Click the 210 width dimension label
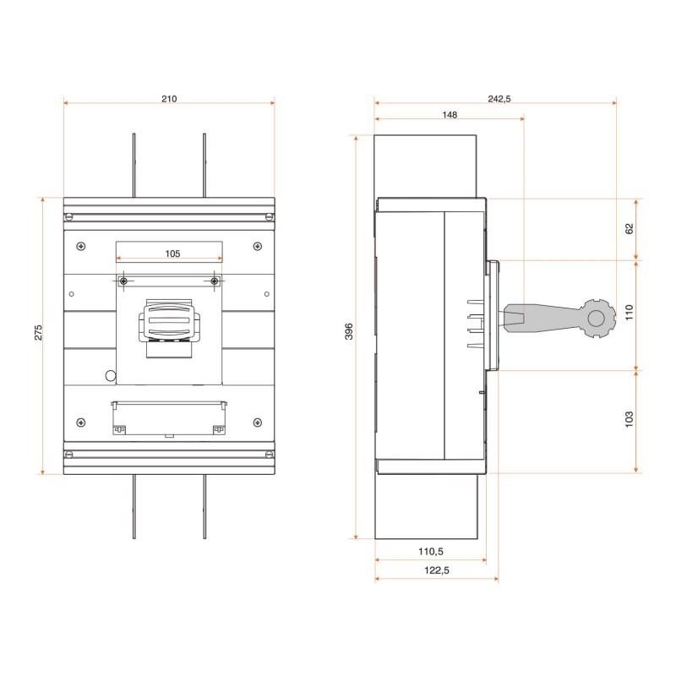(x=169, y=99)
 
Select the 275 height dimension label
(x=38, y=332)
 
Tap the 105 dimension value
(x=172, y=253)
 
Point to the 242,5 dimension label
(x=499, y=99)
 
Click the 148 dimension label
(x=450, y=115)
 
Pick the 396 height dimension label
(x=349, y=331)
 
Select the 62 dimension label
(x=630, y=228)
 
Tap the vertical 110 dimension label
(x=630, y=312)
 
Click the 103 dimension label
(x=630, y=419)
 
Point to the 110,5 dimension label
(x=431, y=552)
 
